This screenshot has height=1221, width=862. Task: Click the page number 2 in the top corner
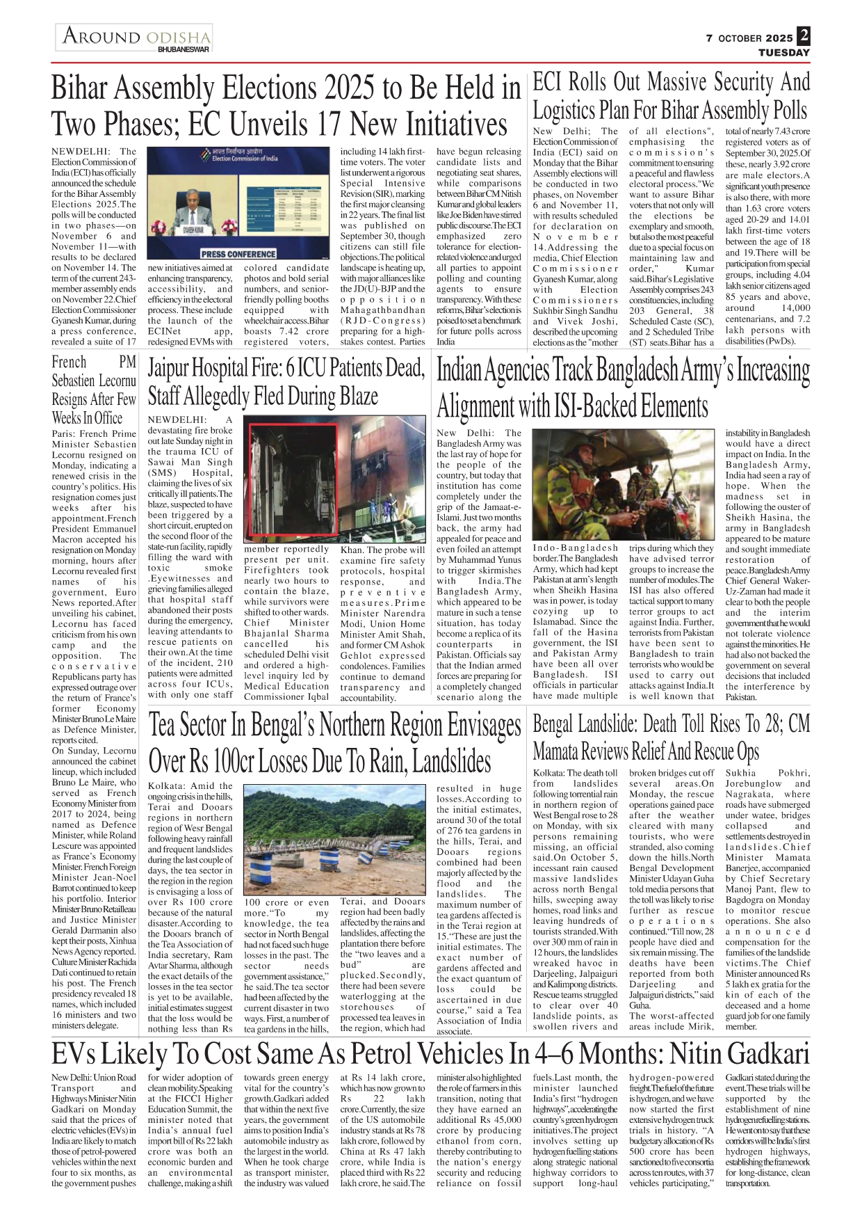click(x=804, y=35)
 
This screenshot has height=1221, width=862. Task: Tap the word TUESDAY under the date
click(x=783, y=53)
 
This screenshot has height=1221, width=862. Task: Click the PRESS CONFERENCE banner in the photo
click(x=238, y=254)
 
